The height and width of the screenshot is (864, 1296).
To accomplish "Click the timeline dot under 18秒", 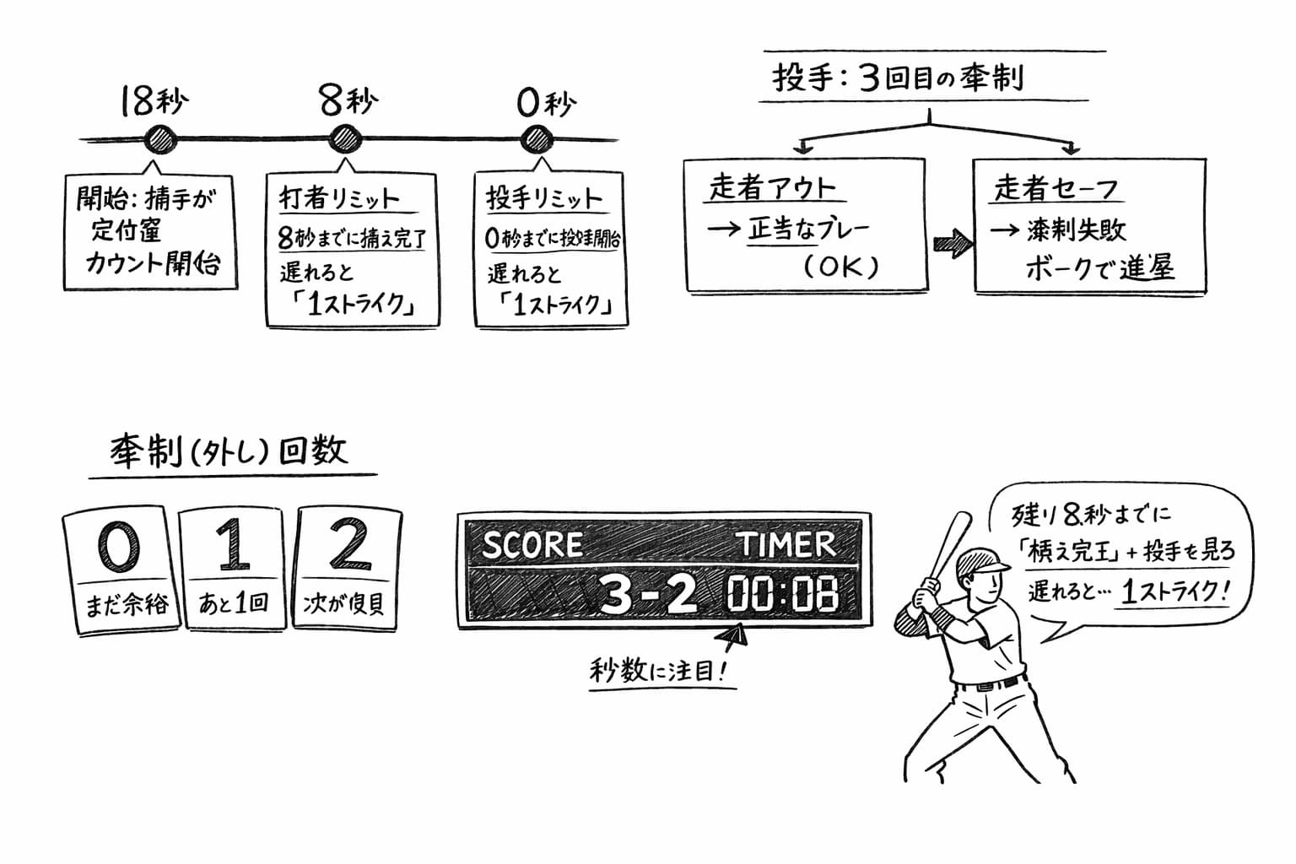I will coord(159,139).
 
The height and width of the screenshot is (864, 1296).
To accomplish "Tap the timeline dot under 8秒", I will coord(344,139).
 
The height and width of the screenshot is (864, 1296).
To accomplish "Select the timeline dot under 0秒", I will coord(536,139).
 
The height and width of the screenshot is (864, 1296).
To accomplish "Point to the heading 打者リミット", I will coord(338,199).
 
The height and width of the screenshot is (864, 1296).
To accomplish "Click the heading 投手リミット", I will coord(544,199).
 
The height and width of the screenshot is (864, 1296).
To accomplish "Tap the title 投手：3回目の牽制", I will coord(898,78).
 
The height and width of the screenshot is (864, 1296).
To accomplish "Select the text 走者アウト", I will coord(772,187).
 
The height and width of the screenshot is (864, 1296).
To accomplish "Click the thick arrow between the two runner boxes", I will coord(951,244).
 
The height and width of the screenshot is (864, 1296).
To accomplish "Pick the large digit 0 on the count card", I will coord(117,546).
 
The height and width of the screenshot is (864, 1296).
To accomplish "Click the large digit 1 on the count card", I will coord(232,545).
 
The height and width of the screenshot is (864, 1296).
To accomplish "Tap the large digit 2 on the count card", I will coord(348,544).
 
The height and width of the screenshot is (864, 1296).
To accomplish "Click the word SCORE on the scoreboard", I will coord(532,545).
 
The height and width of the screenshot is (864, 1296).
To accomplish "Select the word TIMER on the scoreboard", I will coord(786,544).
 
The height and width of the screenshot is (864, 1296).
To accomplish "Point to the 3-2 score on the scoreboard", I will coord(647,594).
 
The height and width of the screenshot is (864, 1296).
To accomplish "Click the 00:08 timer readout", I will coord(783,594).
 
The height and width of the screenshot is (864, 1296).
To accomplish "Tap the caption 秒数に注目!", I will coord(657,672).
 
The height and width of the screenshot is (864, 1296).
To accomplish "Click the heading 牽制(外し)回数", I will coord(229,452).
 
